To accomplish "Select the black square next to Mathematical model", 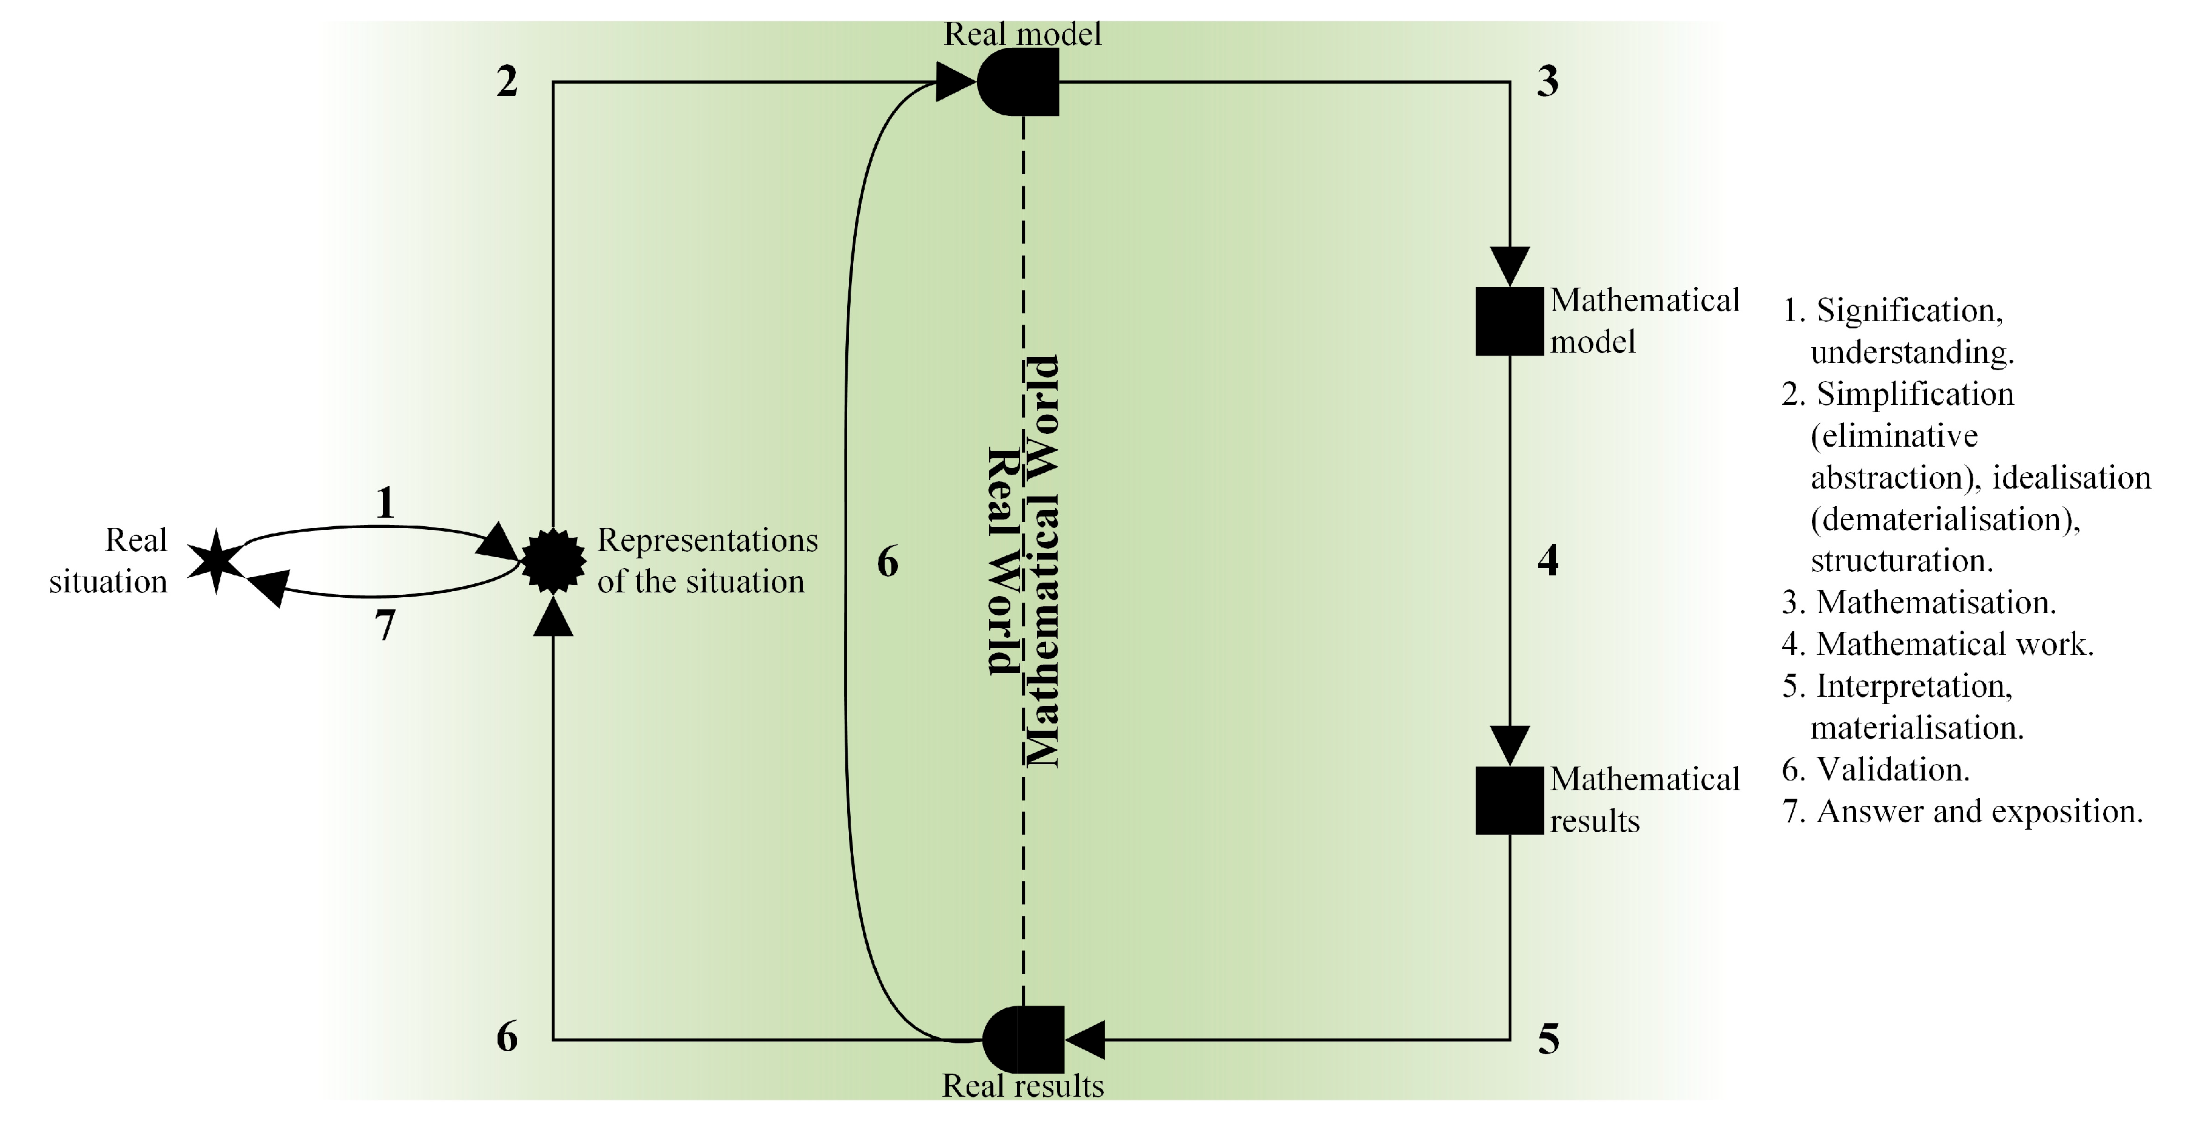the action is [x=1509, y=321].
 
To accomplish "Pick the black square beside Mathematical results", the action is [x=1509, y=800].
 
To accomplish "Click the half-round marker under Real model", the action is [x=1018, y=82].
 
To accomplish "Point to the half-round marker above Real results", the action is [x=1022, y=1039].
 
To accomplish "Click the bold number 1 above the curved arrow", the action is [x=385, y=504].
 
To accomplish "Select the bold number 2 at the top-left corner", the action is [x=507, y=82].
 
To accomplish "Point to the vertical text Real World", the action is [x=1003, y=561].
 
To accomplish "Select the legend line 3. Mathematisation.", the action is [x=1919, y=603].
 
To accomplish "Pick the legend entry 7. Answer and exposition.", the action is [x=1962, y=811].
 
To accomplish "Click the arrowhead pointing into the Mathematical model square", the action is [x=1509, y=265].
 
